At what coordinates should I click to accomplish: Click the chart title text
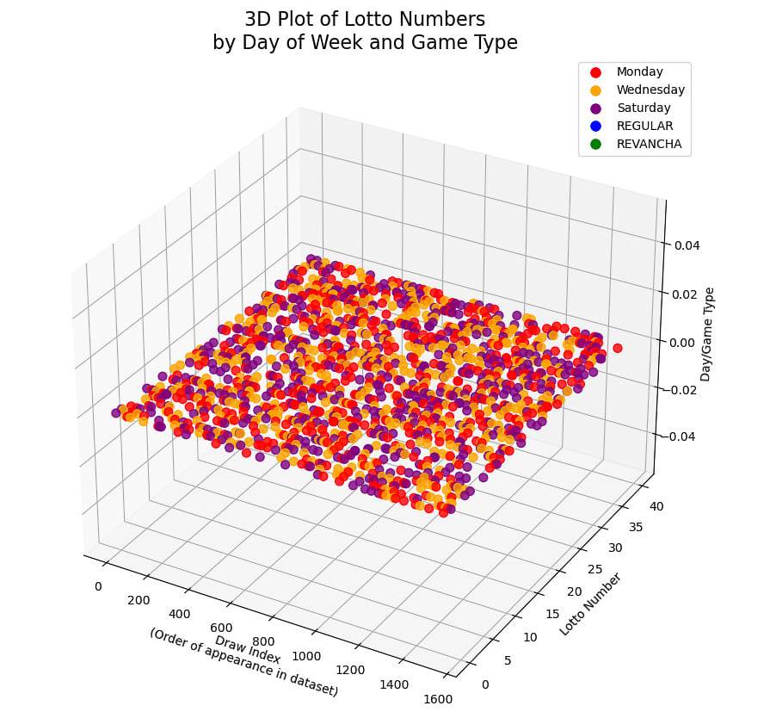[365, 31]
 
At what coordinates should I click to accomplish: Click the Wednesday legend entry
[650, 90]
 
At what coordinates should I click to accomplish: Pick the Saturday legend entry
[644, 108]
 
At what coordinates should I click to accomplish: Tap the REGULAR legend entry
[644, 126]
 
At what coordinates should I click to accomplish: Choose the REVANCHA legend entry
[649, 144]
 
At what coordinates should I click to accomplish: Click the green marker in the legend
[591, 144]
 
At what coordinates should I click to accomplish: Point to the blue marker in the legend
[591, 126]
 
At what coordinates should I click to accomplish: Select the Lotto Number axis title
[590, 604]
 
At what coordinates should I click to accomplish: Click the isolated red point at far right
[618, 348]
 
